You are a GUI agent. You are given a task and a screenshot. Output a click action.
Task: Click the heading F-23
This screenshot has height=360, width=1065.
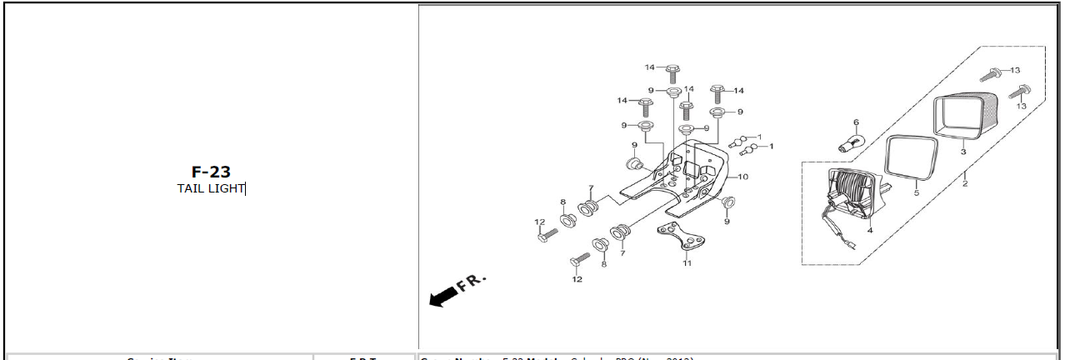[x=210, y=172]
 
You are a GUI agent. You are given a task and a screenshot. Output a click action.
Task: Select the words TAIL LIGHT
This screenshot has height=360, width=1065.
[x=211, y=188]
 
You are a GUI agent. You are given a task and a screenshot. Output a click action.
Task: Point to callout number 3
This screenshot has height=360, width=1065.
[x=963, y=152]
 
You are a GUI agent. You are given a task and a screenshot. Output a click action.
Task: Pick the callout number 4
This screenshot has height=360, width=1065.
[x=870, y=229]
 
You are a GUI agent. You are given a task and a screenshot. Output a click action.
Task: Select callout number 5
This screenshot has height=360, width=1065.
[x=916, y=192]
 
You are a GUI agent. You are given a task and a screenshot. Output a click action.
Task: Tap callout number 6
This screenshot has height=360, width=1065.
[x=856, y=122]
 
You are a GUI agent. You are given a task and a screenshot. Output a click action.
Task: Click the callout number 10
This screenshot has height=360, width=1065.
[x=743, y=177]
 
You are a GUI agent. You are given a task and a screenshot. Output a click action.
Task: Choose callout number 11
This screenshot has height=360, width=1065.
[x=687, y=263]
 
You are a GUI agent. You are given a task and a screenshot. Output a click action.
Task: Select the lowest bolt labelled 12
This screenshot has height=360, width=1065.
[x=578, y=261]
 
